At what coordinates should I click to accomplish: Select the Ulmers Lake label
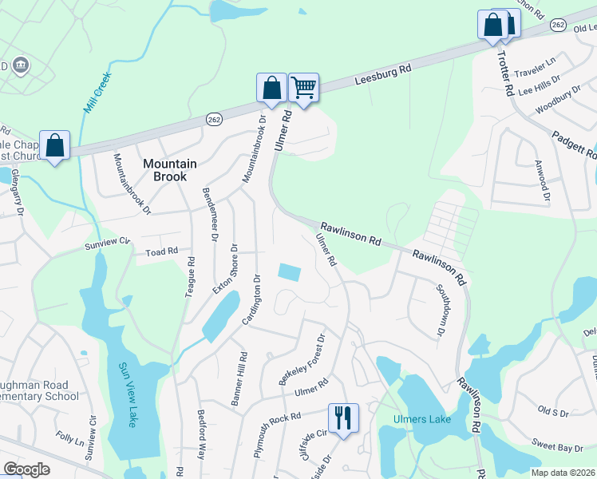coord(422,419)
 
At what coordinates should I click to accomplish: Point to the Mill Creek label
coord(97,91)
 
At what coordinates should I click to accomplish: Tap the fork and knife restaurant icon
coord(343,418)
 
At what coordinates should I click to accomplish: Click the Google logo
coord(26,469)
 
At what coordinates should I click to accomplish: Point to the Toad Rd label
coord(161,252)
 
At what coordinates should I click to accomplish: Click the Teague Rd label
coord(190,276)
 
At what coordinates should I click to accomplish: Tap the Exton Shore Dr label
coord(224,269)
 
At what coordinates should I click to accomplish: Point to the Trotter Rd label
coord(505,73)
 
